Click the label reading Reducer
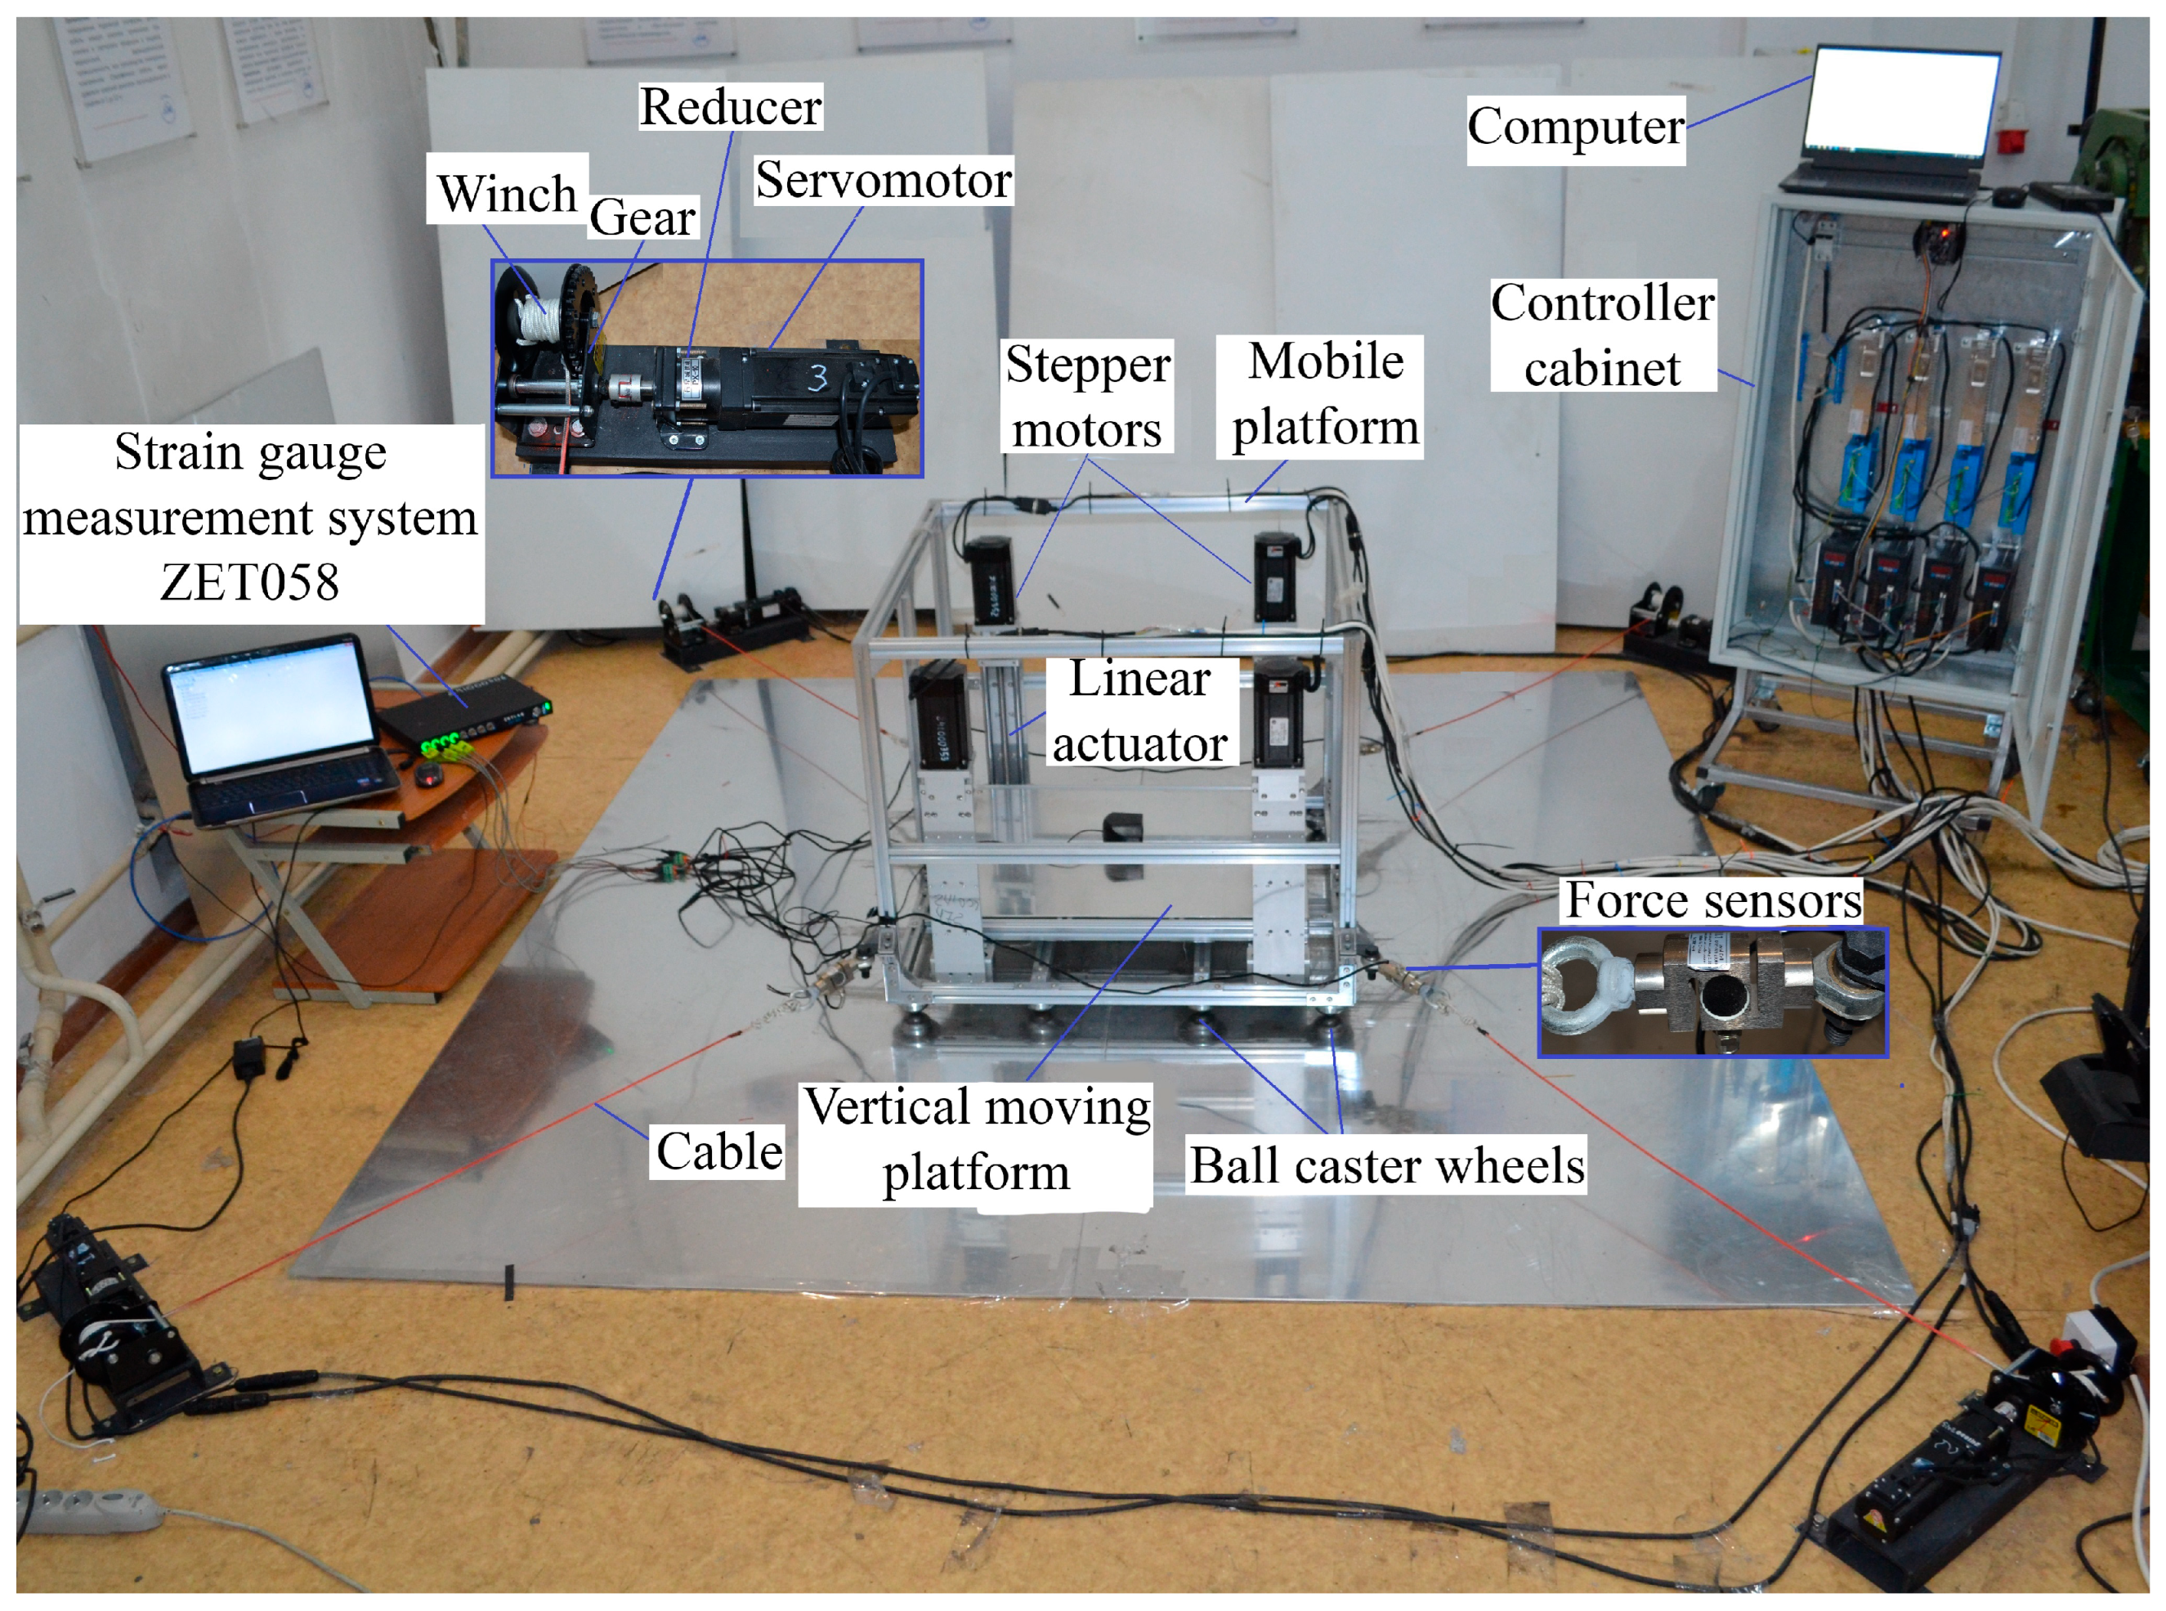729,106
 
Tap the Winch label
506,192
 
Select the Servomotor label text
884,181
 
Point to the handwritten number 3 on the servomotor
817,377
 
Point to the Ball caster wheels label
1387,1164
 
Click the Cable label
718,1151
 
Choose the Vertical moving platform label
976,1139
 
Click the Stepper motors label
1087,396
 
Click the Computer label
1575,128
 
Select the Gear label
642,217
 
